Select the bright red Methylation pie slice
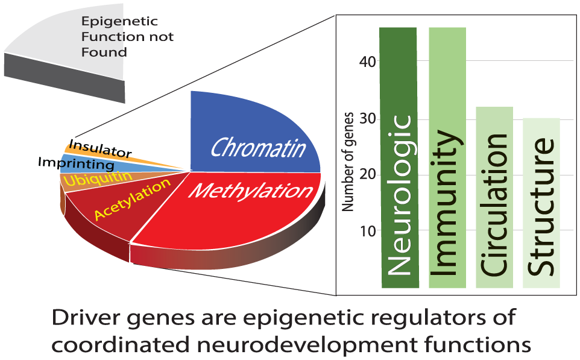point(229,211)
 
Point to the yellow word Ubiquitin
point(90,178)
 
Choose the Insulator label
point(100,148)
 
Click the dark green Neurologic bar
point(400,157)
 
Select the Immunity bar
point(447,157)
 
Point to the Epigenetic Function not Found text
point(127,37)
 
